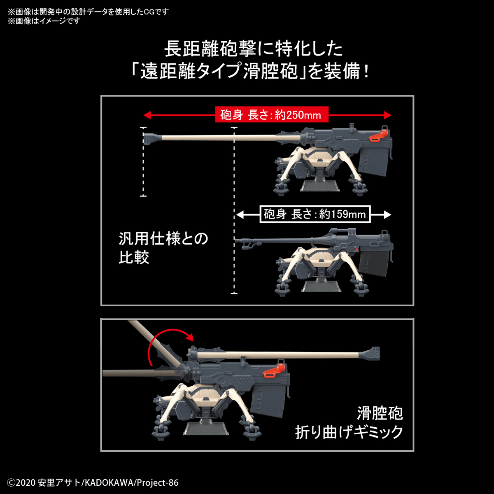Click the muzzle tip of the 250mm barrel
[x=144, y=139]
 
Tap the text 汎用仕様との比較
[x=163, y=248]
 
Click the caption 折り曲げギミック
[x=349, y=432]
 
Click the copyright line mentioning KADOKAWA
[x=93, y=483]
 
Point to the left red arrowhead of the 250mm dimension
[x=147, y=115]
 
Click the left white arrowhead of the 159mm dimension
[x=240, y=214]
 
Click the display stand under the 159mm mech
[x=322, y=286]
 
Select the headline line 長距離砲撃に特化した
[x=253, y=49]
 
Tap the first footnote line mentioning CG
[x=88, y=12]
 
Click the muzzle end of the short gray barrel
[x=236, y=240]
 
